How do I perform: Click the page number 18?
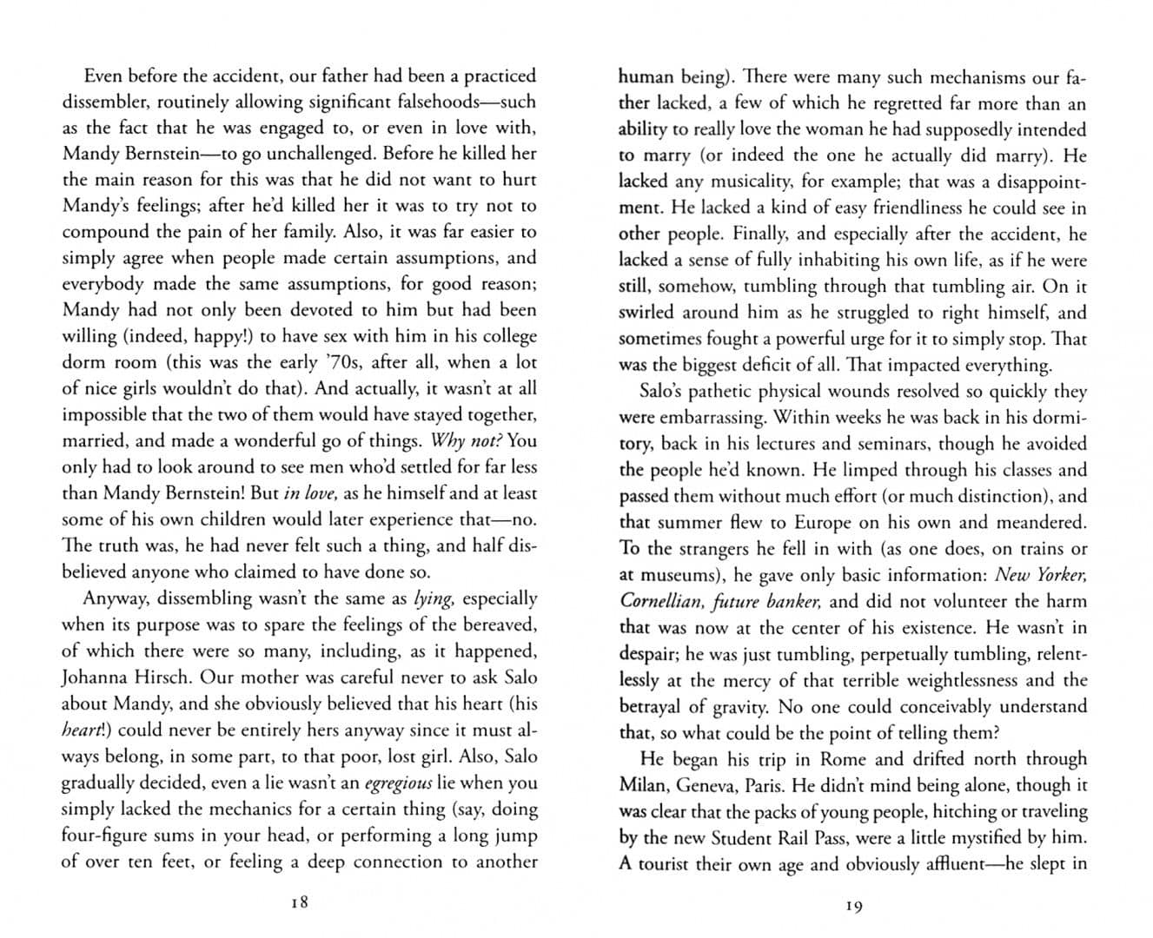point(300,902)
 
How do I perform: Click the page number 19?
point(853,906)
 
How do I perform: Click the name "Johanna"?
point(97,677)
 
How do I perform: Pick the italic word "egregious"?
point(398,783)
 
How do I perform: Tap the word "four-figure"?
point(106,836)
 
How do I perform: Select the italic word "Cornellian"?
point(659,601)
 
